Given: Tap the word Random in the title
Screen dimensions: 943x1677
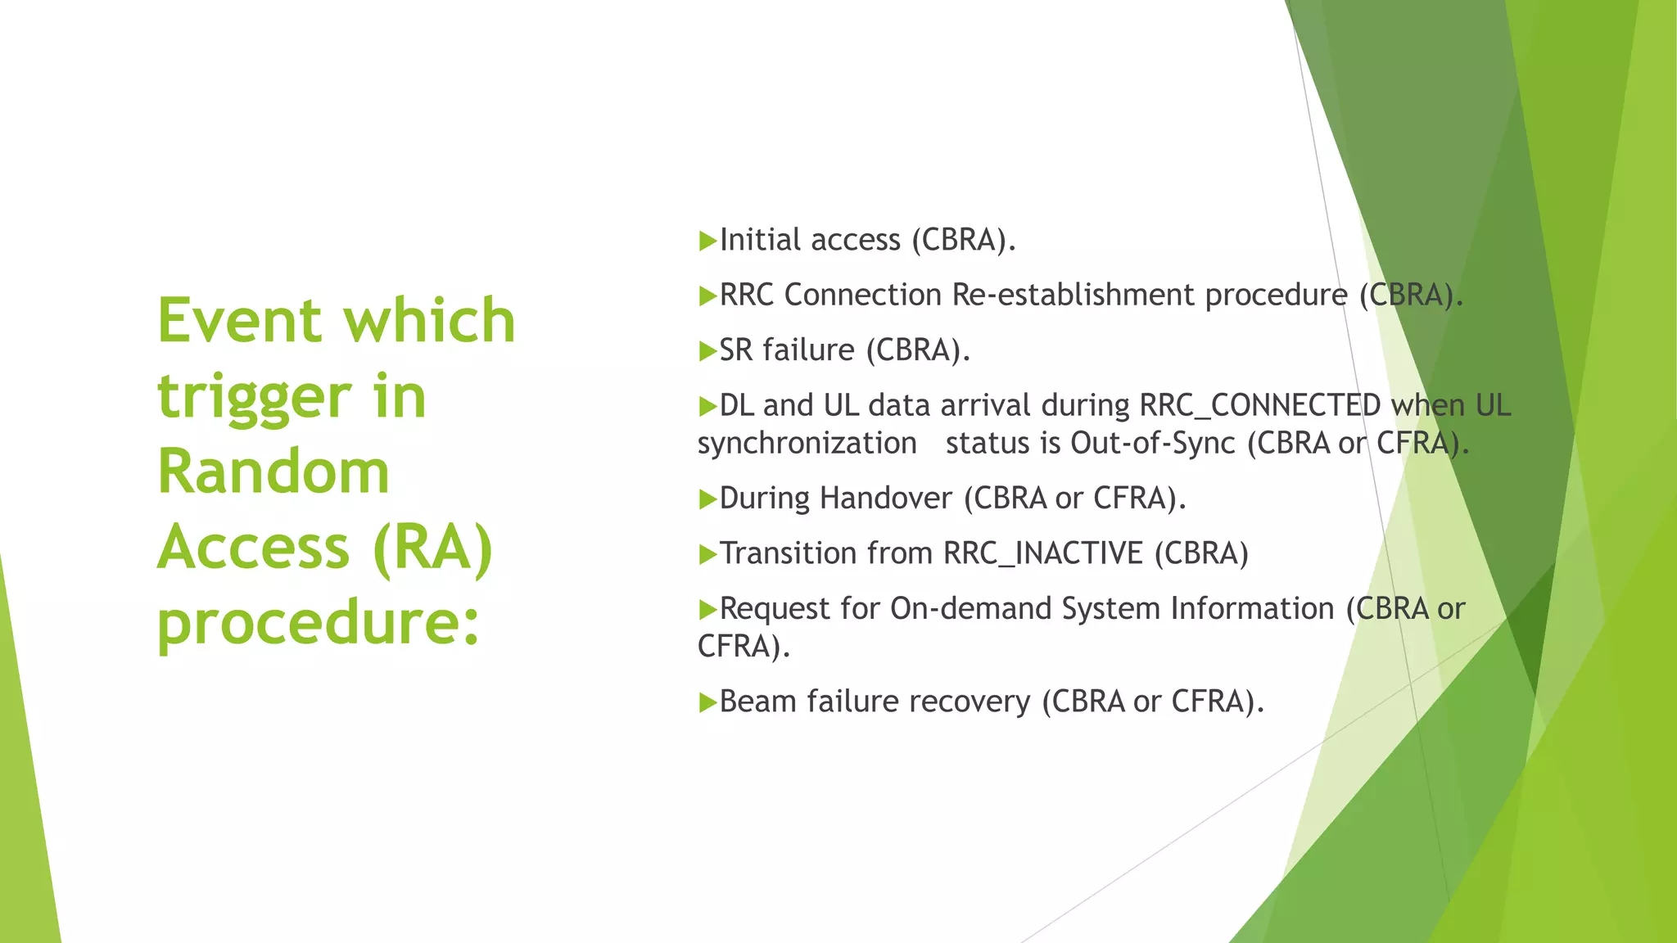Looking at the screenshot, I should coord(273,472).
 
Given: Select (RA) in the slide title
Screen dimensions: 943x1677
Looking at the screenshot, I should coord(432,548).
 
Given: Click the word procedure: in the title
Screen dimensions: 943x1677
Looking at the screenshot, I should coord(318,623).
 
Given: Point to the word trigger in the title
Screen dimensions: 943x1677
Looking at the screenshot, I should coord(254,396).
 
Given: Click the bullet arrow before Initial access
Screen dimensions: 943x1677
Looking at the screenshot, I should coord(707,241).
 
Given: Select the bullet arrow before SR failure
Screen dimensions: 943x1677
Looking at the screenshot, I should coord(707,352).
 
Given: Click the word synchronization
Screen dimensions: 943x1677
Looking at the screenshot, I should coord(807,444).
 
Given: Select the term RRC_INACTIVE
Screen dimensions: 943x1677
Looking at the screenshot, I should coord(1042,554).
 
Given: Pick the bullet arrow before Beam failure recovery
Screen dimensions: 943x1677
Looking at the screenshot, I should coord(707,702).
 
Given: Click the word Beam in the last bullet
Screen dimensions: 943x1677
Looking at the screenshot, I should coord(757,702).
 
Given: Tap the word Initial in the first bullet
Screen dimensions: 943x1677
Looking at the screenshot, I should coord(759,241).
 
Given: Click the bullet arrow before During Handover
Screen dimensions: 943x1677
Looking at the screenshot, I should coord(707,499).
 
